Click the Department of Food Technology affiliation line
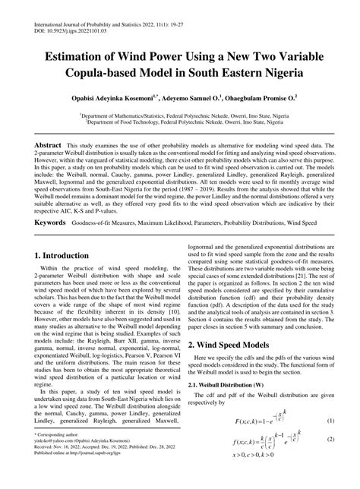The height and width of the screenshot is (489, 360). [x=179, y=121]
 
